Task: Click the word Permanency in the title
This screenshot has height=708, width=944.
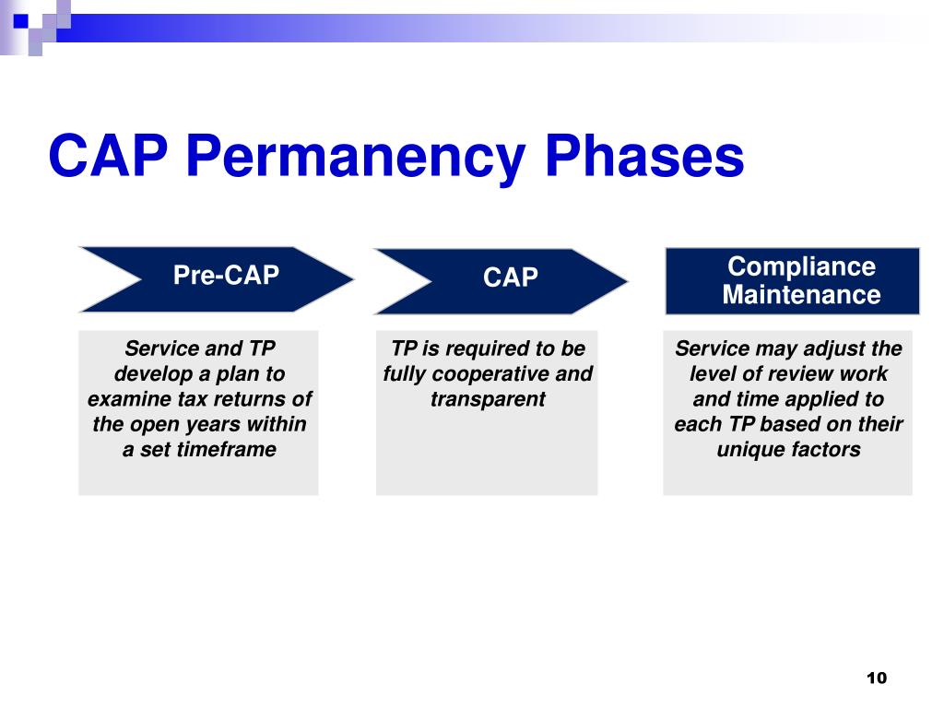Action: [356, 157]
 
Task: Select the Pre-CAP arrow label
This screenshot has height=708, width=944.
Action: [226, 275]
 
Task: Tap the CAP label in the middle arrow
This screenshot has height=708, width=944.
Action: [511, 277]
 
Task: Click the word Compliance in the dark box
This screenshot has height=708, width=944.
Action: [801, 267]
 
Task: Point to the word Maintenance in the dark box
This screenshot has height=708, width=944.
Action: [801, 294]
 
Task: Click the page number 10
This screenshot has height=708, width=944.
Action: [877, 678]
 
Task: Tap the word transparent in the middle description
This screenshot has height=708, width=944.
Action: [488, 399]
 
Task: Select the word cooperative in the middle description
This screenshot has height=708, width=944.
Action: [490, 374]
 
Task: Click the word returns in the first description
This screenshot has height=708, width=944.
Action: [243, 398]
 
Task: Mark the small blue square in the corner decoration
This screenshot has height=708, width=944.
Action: [20, 21]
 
